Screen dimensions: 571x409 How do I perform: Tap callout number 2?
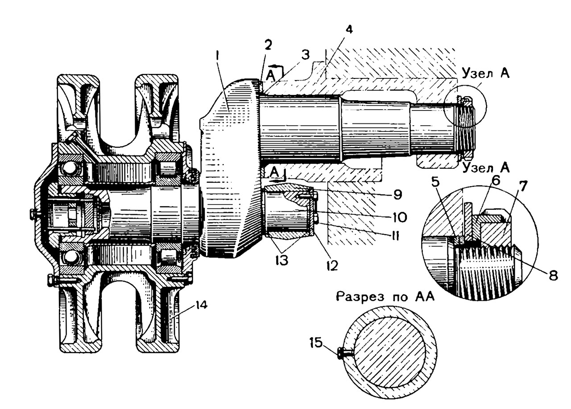(x=268, y=45)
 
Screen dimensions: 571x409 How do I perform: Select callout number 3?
(x=306, y=55)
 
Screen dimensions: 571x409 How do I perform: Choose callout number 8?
(x=554, y=275)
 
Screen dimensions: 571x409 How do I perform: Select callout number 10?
(x=399, y=217)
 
